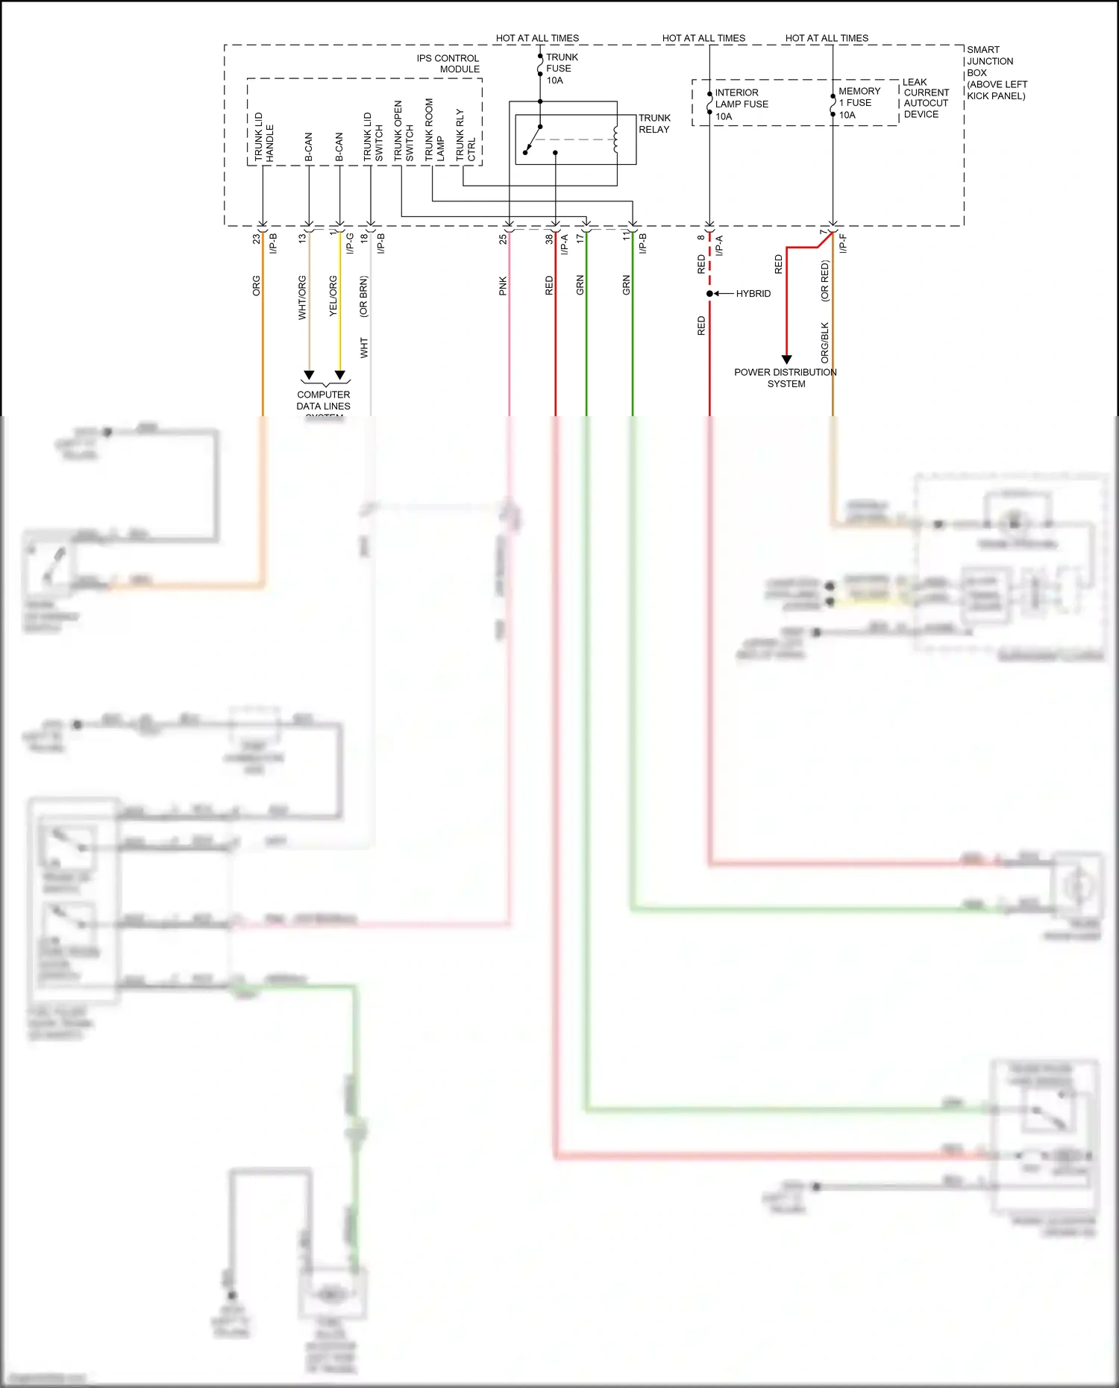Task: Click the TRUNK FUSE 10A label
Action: [561, 69]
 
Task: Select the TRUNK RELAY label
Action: [654, 124]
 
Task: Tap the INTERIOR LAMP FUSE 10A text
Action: [741, 104]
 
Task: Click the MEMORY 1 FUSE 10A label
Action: [859, 103]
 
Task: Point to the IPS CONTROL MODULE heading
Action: [448, 63]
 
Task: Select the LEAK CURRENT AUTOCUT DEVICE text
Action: [926, 98]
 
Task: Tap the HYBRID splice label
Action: [753, 294]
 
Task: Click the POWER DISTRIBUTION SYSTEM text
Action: [786, 378]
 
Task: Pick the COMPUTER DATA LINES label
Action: [323, 401]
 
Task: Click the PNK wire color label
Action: [503, 286]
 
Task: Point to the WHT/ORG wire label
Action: [302, 298]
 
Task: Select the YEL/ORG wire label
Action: [333, 296]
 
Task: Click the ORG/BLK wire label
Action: [824, 342]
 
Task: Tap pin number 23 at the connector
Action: [256, 239]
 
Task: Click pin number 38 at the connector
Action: [548, 239]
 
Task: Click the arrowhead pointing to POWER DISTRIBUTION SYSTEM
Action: [786, 359]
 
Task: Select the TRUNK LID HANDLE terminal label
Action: [263, 137]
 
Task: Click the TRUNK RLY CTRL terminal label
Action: [466, 136]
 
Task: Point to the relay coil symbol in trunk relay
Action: [615, 139]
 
